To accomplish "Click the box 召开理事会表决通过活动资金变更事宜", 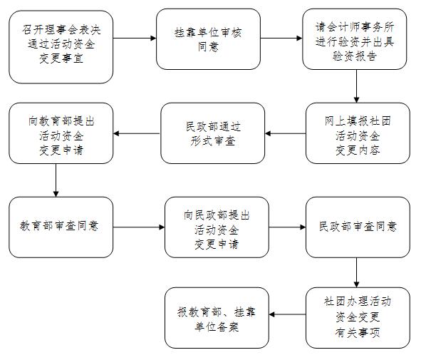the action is (61, 47).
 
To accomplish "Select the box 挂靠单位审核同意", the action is (209, 39).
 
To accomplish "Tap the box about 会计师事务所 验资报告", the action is (355, 39).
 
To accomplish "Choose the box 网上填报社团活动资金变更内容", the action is (358, 133).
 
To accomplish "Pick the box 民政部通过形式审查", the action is (213, 133).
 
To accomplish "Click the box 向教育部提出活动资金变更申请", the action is (61, 133).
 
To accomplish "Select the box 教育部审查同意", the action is (61, 227).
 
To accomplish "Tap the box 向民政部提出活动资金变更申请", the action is (217, 227).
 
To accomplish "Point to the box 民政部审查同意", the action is (358, 227).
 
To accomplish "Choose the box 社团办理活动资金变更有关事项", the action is (358, 318).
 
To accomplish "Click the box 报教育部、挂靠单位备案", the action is (217, 318).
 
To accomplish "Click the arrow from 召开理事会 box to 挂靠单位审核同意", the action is (135, 38).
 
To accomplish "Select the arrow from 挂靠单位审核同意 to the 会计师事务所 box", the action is (281, 38).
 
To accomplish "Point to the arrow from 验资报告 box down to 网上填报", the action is (356, 86).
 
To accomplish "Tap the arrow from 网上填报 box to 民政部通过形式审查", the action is (285, 133).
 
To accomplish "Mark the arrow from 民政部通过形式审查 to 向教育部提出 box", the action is (137, 133).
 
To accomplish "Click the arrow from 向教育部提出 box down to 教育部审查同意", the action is (56, 180).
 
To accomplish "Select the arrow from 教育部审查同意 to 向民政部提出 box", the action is (139, 227).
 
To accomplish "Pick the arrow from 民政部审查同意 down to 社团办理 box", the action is (356, 273).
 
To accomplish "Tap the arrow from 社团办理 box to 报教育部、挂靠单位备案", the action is (287, 314).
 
